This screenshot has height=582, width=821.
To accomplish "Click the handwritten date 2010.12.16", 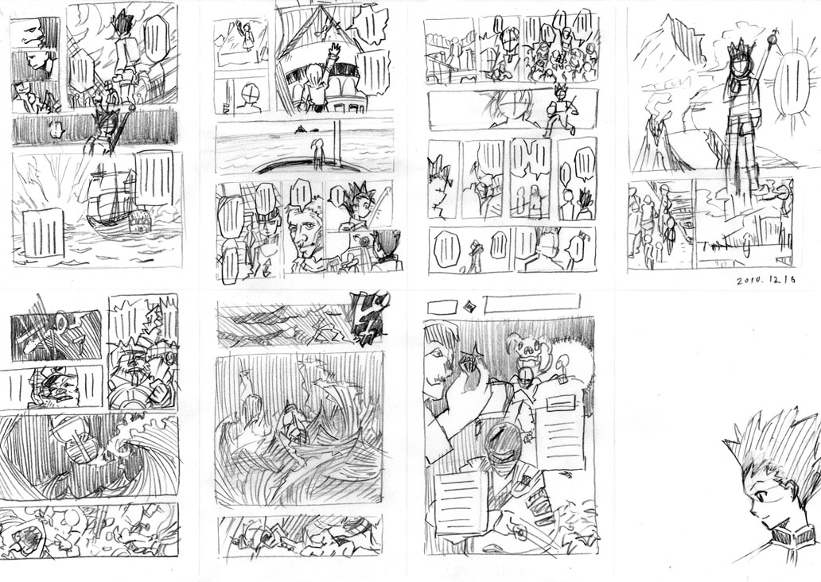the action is [x=766, y=281].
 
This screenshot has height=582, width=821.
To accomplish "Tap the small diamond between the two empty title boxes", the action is [x=469, y=305].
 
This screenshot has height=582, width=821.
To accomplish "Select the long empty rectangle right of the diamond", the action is [x=531, y=303].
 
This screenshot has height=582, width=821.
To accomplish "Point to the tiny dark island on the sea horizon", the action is [x=302, y=130].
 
